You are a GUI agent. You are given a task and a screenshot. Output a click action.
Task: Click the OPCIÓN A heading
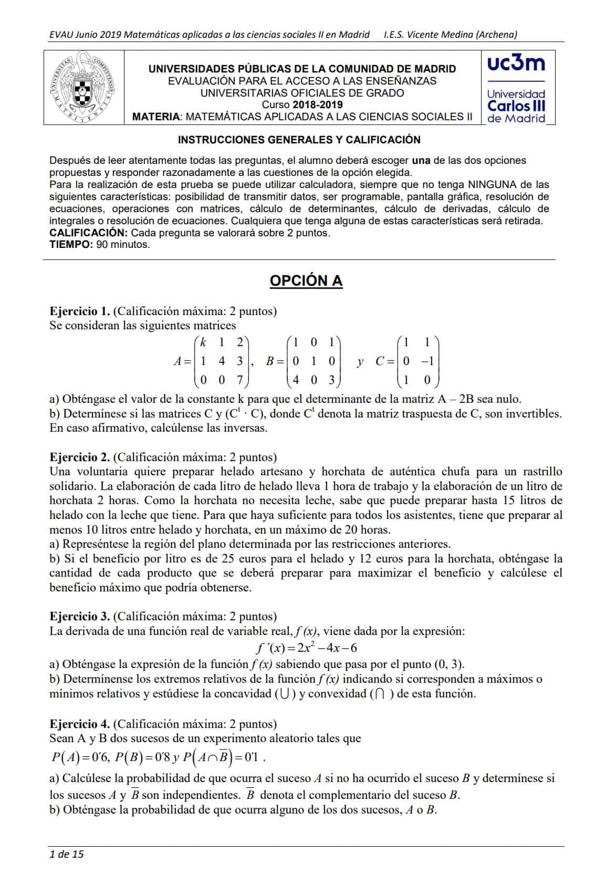click(x=306, y=281)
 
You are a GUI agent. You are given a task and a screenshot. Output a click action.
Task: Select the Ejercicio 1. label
click(x=80, y=311)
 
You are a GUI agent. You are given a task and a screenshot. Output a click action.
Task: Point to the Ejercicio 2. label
click(x=80, y=457)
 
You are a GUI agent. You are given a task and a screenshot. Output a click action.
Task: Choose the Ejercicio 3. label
click(x=80, y=616)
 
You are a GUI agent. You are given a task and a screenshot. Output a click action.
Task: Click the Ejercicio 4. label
click(x=80, y=724)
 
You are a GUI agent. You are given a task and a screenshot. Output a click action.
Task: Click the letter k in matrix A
click(x=203, y=342)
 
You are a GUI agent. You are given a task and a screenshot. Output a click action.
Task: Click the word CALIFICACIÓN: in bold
click(x=88, y=233)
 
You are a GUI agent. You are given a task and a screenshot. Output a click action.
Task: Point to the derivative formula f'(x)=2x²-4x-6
click(x=307, y=648)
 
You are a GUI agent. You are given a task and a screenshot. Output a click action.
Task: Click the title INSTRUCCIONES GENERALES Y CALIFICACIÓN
click(x=299, y=140)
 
